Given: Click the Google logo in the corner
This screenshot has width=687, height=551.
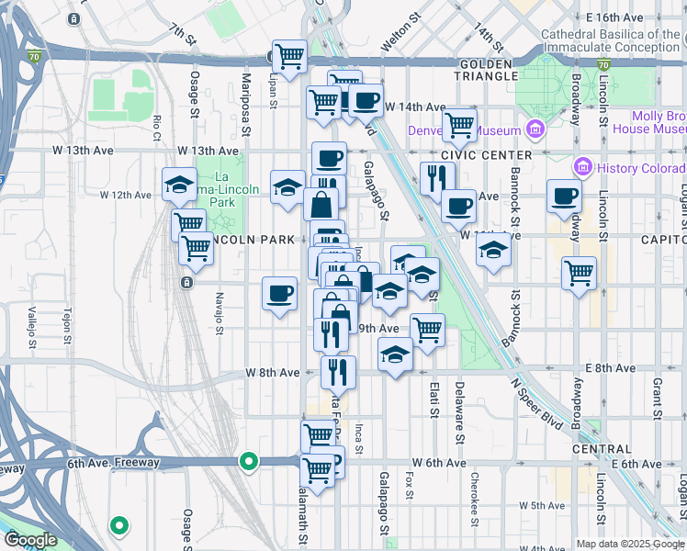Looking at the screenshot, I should click(29, 540).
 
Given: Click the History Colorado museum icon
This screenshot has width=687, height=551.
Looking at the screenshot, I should click(580, 167).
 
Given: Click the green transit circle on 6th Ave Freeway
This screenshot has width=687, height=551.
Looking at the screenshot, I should click(248, 461).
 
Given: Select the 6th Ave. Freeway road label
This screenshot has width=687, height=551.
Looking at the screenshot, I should click(113, 464).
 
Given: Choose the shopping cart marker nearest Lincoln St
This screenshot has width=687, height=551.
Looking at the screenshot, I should click(579, 272).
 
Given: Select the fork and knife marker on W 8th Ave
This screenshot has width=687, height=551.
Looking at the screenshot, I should click(338, 371).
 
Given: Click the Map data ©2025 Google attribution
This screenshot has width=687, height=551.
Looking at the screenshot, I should click(630, 544).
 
